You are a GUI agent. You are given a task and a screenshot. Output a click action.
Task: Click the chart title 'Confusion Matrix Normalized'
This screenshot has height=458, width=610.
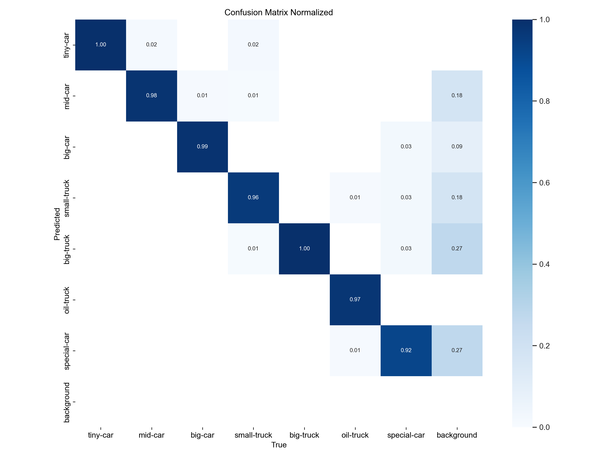coord(279,12)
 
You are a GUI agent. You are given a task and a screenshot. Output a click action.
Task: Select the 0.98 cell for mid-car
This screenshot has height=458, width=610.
coord(151,96)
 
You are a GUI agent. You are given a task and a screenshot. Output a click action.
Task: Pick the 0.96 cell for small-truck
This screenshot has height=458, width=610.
coord(253,198)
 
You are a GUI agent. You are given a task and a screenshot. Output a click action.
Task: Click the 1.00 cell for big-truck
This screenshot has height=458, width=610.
coord(304,249)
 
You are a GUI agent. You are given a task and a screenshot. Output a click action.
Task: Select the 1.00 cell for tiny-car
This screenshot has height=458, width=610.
coord(101,45)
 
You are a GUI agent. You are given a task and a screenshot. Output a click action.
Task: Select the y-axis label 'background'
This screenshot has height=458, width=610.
coord(66,402)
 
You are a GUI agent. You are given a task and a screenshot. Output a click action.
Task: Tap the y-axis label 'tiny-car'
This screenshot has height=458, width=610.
coord(66,45)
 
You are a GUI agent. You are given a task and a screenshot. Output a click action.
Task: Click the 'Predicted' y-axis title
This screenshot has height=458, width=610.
coord(57,224)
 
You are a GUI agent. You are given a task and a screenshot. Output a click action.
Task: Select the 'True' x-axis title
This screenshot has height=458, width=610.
coord(279,445)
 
